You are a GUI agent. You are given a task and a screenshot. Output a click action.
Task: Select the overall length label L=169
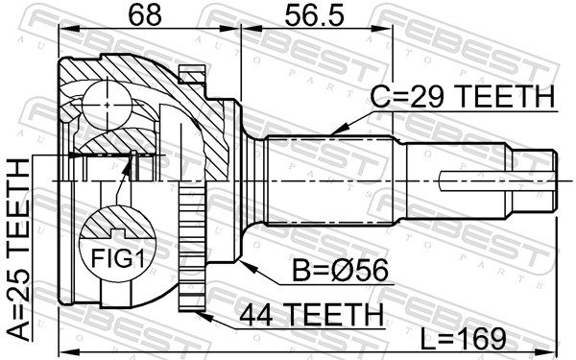click(x=464, y=339)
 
